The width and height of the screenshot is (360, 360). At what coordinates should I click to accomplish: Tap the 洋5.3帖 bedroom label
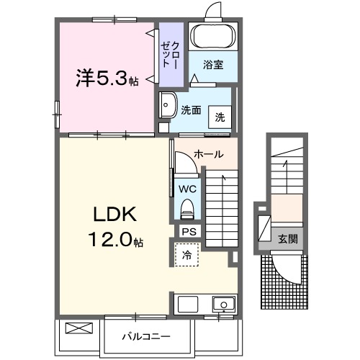(x=107, y=77)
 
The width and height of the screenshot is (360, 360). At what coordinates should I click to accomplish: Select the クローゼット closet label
(x=170, y=55)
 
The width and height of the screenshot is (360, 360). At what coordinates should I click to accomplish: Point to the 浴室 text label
(x=212, y=64)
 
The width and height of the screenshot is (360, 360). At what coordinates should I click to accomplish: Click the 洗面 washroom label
(x=190, y=111)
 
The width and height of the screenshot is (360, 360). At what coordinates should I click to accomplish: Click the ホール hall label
(x=208, y=154)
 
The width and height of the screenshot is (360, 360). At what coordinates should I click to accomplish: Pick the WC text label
(x=186, y=189)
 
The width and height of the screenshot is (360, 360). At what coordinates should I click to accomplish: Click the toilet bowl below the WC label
(x=186, y=210)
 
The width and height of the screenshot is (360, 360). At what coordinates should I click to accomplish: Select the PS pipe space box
(x=188, y=232)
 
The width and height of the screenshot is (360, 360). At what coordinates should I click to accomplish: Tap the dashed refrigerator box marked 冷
(x=186, y=254)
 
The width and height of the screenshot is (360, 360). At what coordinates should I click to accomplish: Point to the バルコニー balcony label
(x=145, y=336)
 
